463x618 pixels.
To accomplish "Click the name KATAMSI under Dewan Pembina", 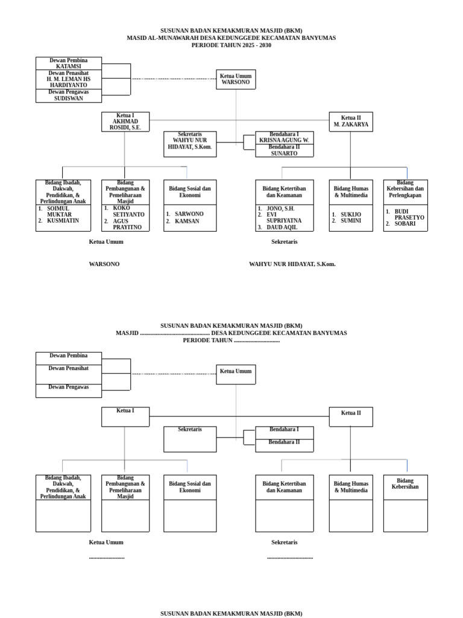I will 68,66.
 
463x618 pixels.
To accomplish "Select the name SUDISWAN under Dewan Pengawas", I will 68,98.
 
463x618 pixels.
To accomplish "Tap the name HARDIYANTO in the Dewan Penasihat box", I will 68,85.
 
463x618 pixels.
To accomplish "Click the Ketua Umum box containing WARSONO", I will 236,79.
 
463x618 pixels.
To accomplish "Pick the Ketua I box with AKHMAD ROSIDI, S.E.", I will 125,121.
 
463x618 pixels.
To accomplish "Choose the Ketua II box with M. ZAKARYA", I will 350,121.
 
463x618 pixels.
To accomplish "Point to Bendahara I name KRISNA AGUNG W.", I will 284,140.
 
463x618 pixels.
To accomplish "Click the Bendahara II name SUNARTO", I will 284,153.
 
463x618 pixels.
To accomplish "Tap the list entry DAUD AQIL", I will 284,228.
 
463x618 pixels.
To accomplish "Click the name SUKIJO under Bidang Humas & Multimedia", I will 351,214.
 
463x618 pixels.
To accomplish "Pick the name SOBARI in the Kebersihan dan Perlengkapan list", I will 405,224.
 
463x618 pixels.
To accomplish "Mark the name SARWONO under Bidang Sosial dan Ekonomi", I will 189,214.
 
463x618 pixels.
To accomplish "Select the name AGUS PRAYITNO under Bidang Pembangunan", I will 127,224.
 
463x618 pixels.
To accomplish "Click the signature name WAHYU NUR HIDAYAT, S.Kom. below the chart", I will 292,264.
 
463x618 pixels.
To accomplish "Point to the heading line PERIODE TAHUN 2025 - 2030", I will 231,45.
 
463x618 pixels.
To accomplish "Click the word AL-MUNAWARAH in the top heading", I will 171,37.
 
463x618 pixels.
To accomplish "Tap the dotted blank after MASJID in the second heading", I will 174,333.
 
